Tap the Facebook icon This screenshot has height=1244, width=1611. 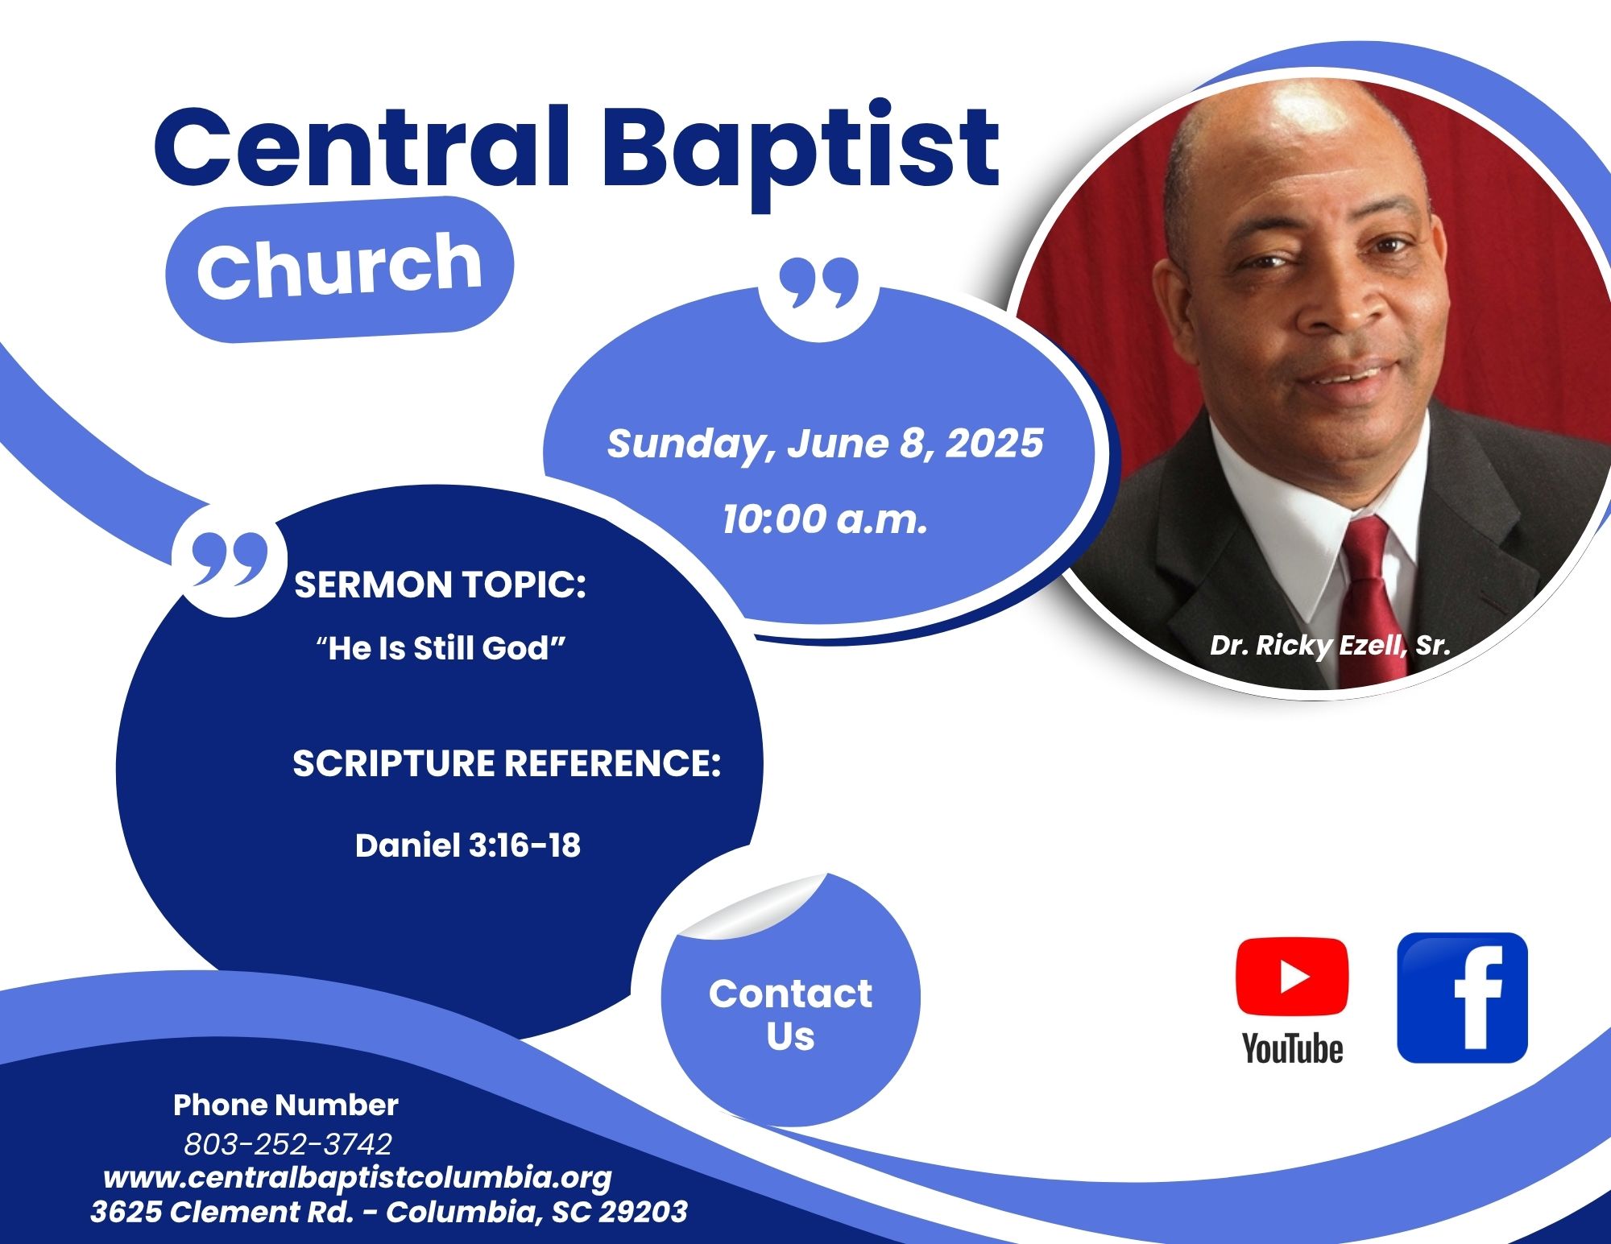tap(1462, 998)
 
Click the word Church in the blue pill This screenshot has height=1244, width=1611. tap(339, 266)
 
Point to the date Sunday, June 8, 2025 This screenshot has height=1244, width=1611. tap(825, 444)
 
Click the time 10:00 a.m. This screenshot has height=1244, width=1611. tap(825, 519)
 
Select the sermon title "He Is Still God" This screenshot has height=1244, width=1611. tap(441, 648)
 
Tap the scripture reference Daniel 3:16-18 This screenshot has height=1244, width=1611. tap(468, 845)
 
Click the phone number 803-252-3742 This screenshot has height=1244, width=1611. tap(288, 1143)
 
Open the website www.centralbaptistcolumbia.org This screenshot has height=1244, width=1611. tap(358, 1179)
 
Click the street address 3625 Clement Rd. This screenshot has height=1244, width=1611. tap(222, 1212)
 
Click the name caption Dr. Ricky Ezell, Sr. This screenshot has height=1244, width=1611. tap(1330, 646)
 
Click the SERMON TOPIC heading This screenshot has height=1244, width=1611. tap(440, 585)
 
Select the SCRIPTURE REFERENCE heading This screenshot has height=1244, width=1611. tap(506, 763)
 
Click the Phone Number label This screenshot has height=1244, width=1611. tap(286, 1106)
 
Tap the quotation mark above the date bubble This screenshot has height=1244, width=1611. tap(818, 283)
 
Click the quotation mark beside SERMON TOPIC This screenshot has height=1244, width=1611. tap(230, 558)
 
